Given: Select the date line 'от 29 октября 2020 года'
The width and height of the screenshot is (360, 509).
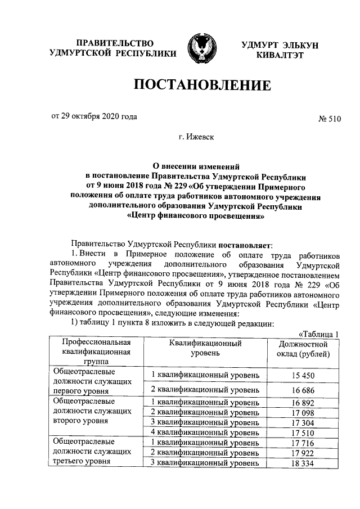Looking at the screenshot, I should (94, 117).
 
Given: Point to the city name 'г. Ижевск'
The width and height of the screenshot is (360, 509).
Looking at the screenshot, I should (196, 137).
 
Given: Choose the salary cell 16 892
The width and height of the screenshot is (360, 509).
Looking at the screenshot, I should (303, 403).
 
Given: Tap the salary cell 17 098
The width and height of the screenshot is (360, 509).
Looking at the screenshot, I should (303, 413).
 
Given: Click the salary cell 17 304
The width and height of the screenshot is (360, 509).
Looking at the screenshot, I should (303, 422).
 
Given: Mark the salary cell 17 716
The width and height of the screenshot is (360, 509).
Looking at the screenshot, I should (303, 443).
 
